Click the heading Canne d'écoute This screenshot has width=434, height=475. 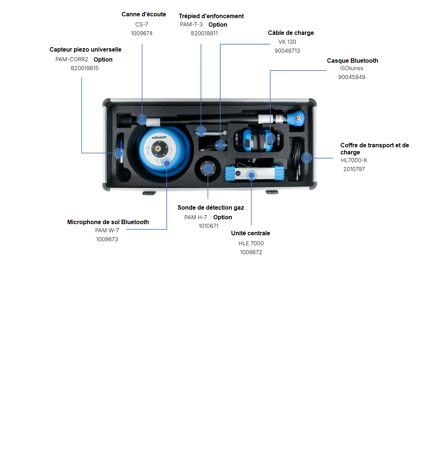click(143, 14)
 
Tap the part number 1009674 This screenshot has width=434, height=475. click(142, 33)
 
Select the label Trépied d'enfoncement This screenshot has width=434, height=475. click(211, 16)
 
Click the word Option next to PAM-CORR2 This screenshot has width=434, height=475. click(103, 60)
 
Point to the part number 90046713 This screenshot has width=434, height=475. click(287, 51)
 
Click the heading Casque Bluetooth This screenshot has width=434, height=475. click(352, 61)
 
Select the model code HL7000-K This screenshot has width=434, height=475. click(354, 160)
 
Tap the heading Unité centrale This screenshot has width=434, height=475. click(250, 233)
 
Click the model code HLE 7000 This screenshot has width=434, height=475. click(251, 243)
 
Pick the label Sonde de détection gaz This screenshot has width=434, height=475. click(211, 208)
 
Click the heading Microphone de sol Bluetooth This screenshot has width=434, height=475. click(108, 222)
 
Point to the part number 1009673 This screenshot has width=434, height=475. click(107, 239)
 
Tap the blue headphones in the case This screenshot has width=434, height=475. click(256, 140)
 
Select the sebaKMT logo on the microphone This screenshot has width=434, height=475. click(159, 138)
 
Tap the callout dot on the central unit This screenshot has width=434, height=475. click(252, 175)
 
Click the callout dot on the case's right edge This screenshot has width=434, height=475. click(307, 158)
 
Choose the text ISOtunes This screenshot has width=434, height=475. click(352, 68)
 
